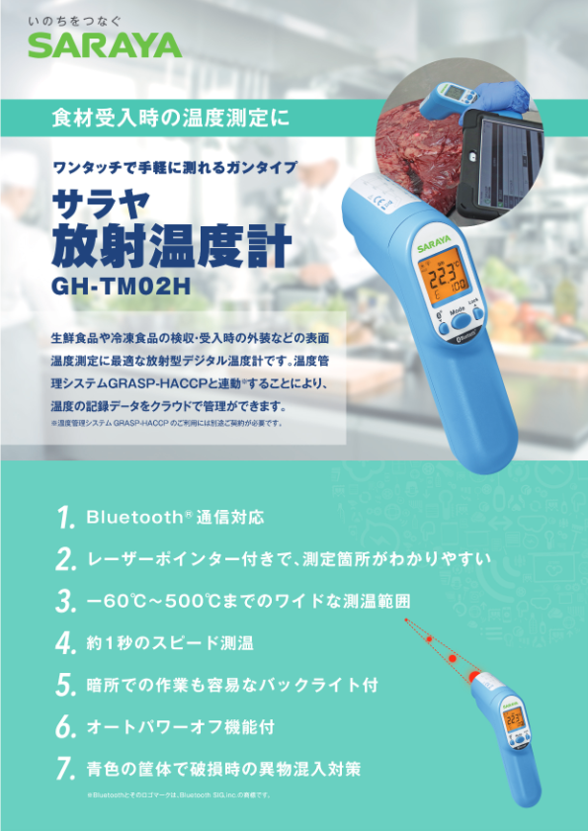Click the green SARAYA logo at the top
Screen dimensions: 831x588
tap(104, 44)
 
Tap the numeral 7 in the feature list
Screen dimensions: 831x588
tap(65, 768)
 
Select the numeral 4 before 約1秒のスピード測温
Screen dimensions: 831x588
tap(65, 643)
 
